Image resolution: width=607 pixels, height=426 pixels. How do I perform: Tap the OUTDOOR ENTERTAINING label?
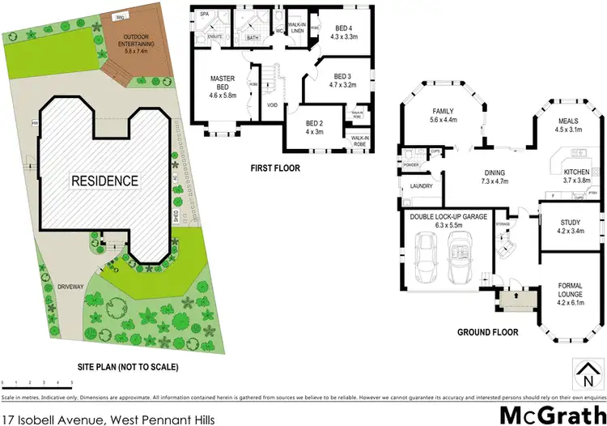[x=135, y=40]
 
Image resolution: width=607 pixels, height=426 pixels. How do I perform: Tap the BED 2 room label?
[x=316, y=127]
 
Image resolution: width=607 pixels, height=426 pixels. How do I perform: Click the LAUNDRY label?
[x=422, y=186]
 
